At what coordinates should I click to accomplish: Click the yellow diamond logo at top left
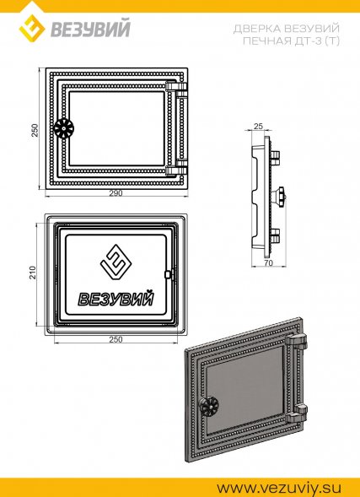coord(32,28)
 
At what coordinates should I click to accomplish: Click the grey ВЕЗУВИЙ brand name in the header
coord(90,29)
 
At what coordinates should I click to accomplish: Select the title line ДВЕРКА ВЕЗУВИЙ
coord(286,29)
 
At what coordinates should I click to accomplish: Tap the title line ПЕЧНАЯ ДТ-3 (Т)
coord(291,41)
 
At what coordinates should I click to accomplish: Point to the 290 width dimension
coord(116,193)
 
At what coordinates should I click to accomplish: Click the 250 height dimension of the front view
coord(35,130)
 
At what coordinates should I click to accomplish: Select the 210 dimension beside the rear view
coord(33,273)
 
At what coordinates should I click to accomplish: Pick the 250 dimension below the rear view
coord(116,339)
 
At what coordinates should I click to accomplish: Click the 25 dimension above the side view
coord(258,127)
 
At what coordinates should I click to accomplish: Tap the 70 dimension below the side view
coord(268,262)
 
